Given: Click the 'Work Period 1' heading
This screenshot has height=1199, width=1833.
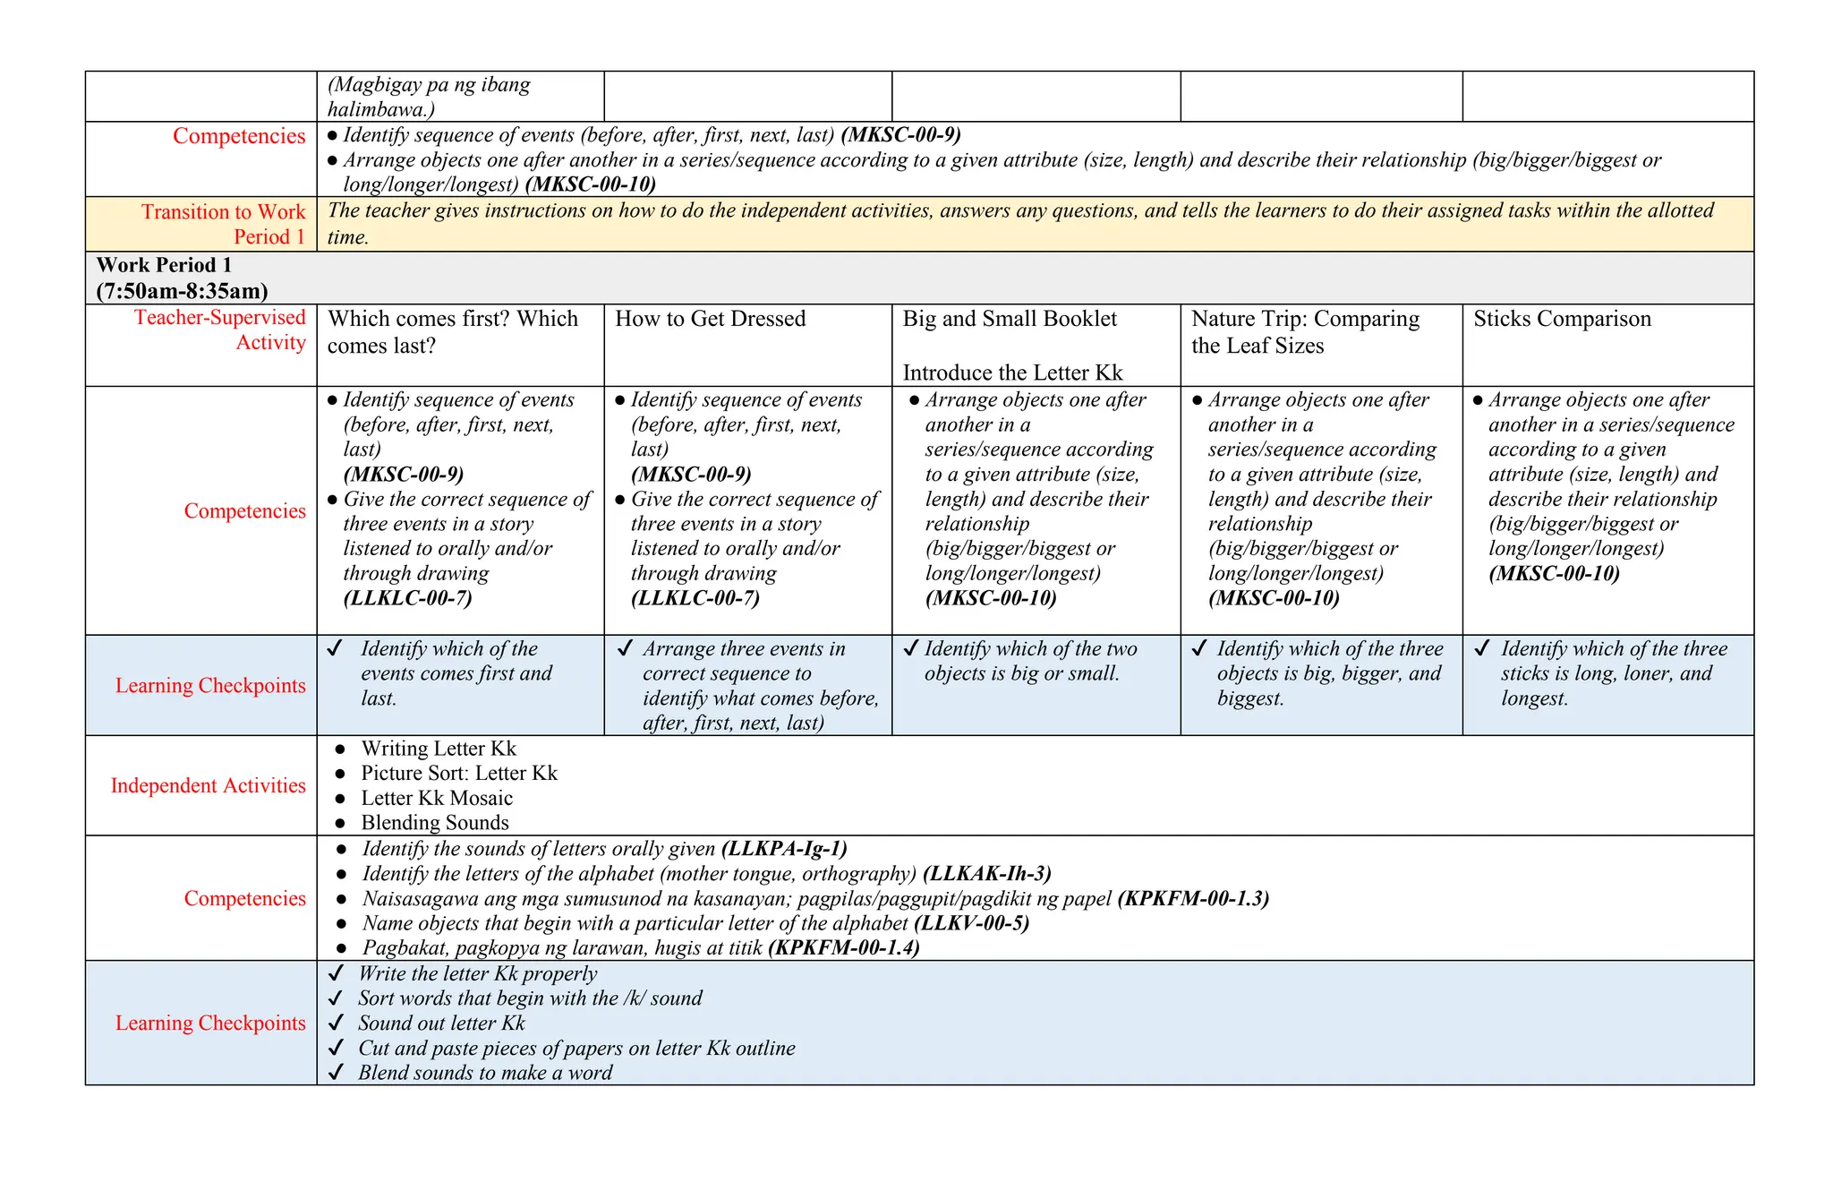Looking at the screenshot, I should [x=164, y=265].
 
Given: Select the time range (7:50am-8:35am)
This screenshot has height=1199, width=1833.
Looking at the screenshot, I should [x=182, y=291].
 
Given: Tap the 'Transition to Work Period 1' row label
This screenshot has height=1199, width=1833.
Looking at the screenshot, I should [x=223, y=224].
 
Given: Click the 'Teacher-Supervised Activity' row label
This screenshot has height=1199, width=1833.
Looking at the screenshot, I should [x=220, y=330].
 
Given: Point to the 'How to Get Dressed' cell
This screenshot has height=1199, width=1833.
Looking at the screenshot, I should [x=710, y=319].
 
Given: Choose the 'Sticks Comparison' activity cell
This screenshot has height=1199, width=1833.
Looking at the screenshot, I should [x=1561, y=319].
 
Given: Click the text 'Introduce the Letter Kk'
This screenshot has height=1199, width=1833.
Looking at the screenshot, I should [x=1011, y=373].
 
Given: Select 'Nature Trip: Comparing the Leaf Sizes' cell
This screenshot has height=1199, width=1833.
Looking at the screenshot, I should [x=1304, y=332].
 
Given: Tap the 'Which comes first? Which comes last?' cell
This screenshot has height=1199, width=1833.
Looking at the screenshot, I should [x=452, y=332].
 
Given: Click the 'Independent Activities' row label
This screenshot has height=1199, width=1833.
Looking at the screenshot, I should [x=208, y=785].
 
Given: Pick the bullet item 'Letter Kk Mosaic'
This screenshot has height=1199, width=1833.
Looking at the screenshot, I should [x=436, y=798].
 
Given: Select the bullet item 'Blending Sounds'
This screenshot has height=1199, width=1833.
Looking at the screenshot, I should [x=434, y=823].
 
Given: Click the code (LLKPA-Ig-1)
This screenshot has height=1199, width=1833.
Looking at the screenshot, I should [x=783, y=849].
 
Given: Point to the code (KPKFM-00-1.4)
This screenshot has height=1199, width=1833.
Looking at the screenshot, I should [x=843, y=947].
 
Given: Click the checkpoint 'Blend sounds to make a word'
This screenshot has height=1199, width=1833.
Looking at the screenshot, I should [x=484, y=1073].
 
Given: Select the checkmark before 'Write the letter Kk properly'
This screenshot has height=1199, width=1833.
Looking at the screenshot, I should [x=336, y=974].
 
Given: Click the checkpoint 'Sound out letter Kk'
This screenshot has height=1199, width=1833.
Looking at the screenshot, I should [x=440, y=1023].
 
